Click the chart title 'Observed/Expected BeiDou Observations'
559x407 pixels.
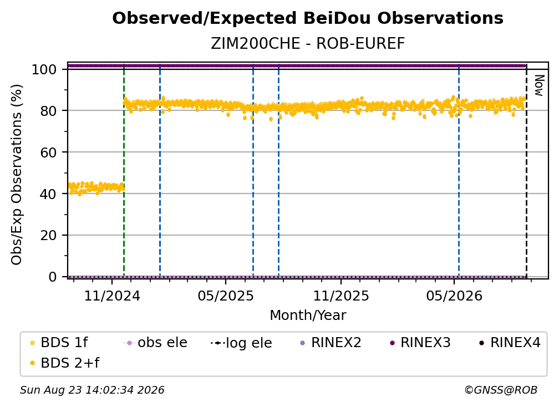point(308,18)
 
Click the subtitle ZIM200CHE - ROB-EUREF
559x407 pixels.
point(308,44)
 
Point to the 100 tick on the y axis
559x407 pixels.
point(44,69)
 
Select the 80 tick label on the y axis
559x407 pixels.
point(48,111)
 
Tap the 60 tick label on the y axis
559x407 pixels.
point(48,152)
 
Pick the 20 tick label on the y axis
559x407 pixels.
point(48,236)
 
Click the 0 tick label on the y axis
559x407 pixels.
point(53,277)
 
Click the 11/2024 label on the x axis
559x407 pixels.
point(112,296)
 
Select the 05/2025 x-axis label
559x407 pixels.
point(226,296)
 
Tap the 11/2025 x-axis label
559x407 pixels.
point(341,296)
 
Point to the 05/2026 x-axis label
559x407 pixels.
point(454,296)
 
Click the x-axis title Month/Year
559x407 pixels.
point(308,316)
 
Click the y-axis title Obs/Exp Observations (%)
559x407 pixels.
point(17,175)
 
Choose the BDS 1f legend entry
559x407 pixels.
point(59,343)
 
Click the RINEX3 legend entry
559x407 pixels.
point(420,343)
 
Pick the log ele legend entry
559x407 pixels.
point(241,343)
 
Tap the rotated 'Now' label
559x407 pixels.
point(539,85)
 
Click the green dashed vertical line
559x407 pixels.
point(124,171)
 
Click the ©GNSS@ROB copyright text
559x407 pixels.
point(501,390)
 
